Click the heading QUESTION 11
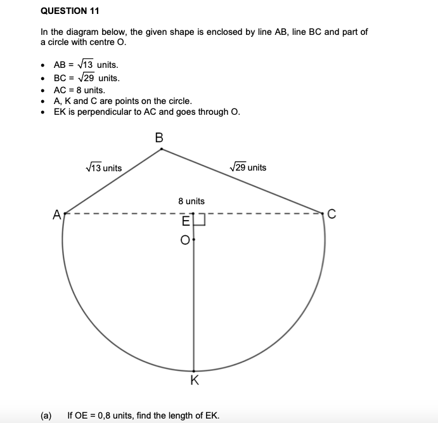[70, 11]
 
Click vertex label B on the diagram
[158, 136]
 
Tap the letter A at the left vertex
[56, 215]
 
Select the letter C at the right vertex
[330, 214]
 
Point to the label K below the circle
[194, 381]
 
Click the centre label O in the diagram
[185, 240]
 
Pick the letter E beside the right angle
[186, 222]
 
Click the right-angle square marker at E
[200, 219]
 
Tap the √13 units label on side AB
[103, 167]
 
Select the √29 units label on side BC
[248, 167]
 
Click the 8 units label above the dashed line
[191, 201]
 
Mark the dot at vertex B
[162, 149]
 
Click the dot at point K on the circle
[194, 371]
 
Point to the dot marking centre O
[194, 240]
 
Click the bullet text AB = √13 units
[86, 65]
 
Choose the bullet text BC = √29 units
[86, 78]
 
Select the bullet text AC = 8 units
[79, 90]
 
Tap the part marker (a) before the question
[46, 415]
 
